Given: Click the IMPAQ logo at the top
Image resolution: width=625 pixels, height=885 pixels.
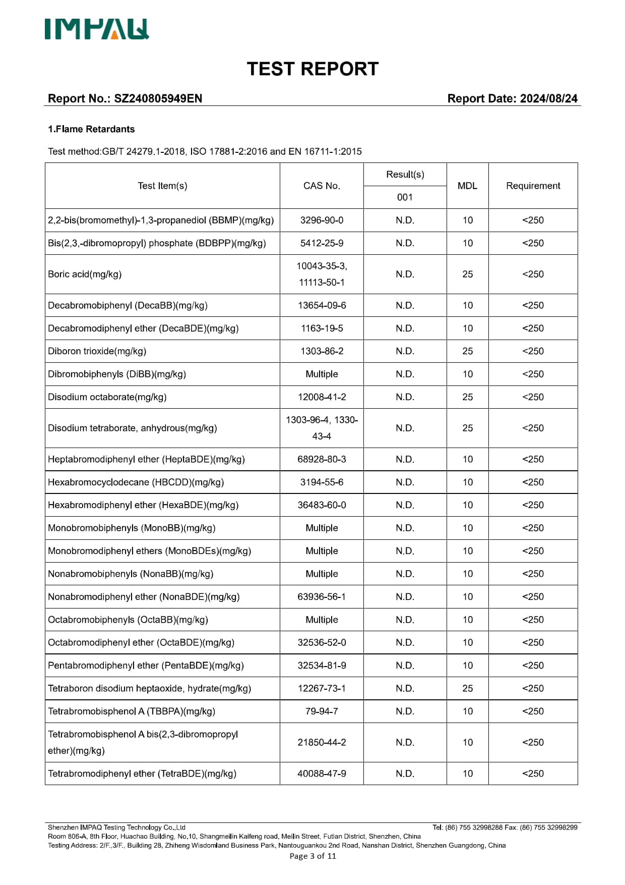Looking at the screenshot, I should [96, 29].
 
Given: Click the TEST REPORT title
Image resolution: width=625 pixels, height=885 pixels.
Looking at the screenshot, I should [312, 69].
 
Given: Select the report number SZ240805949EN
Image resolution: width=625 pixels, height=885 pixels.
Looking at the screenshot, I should [158, 98].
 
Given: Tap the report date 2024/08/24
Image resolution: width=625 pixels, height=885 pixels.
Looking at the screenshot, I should [548, 98].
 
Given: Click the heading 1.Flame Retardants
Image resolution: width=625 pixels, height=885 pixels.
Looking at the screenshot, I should [91, 129].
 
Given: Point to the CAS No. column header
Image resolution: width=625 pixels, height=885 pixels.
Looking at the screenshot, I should [322, 186].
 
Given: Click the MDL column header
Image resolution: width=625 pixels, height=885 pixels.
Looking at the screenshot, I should [467, 186].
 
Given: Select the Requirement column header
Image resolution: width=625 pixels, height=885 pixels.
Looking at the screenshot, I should [533, 186].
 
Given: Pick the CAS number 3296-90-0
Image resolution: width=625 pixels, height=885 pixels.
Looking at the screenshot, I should [322, 220].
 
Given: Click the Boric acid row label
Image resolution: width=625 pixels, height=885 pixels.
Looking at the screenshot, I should [85, 274].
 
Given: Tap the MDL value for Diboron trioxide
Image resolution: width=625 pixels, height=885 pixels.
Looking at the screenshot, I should [467, 351].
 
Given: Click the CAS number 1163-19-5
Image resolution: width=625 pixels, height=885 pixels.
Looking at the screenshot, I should [322, 328].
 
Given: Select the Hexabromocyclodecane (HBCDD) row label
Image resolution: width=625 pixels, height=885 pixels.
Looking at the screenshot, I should [136, 482].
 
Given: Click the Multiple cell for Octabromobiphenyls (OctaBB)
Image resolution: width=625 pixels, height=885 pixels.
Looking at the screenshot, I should [322, 620].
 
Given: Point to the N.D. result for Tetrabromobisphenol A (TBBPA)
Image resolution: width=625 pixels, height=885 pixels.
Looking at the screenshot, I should [405, 711].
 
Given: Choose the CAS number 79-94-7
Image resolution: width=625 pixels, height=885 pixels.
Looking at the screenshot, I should [322, 711].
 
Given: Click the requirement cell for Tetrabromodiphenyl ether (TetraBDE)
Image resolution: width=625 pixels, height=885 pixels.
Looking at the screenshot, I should [533, 773].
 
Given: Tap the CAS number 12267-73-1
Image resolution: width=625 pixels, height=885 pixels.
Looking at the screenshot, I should [322, 688].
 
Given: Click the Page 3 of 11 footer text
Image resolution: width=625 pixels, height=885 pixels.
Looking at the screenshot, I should [312, 856].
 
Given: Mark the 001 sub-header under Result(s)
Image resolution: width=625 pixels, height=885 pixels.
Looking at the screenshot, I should [405, 197].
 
